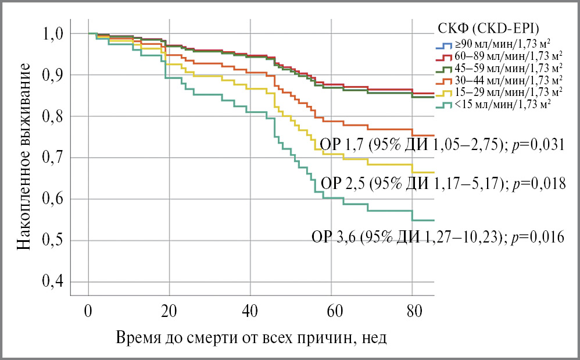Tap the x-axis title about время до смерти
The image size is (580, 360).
(x=251, y=338)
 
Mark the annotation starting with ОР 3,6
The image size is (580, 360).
(x=438, y=237)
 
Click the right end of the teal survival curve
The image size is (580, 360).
(x=434, y=220)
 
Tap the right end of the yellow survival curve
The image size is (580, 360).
(x=434, y=173)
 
